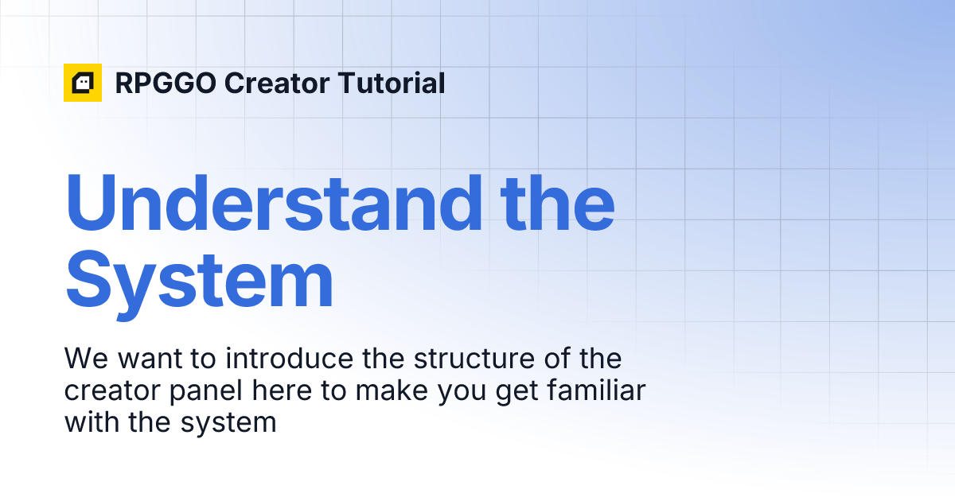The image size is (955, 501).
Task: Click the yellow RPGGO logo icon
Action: [83, 83]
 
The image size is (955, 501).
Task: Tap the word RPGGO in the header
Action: [165, 83]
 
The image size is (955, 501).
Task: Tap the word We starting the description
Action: [87, 359]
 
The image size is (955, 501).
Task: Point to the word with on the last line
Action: [92, 421]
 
